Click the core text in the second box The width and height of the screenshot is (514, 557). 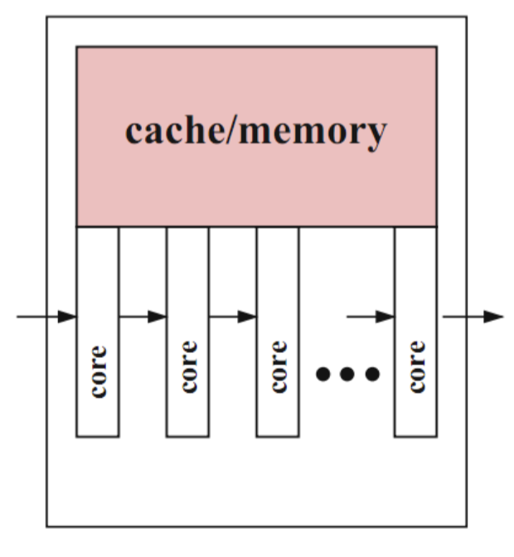pyautogui.click(x=188, y=366)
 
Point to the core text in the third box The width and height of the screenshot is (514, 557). pyautogui.click(x=278, y=366)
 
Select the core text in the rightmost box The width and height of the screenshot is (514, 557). pyautogui.click(x=416, y=366)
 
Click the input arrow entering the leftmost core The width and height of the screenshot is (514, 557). pyautogui.click(x=46, y=317)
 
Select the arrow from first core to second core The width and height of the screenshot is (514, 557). pyautogui.click(x=143, y=317)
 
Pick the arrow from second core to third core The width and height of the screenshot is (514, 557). pyautogui.click(x=232, y=317)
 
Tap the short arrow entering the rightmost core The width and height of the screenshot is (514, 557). pyautogui.click(x=370, y=317)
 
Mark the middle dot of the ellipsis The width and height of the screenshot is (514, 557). pyautogui.click(x=347, y=375)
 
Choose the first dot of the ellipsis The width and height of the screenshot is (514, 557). pyautogui.click(x=323, y=375)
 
